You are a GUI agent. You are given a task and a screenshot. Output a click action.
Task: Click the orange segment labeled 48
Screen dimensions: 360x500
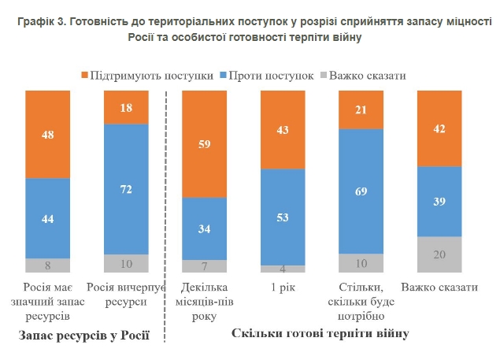pos(47,134)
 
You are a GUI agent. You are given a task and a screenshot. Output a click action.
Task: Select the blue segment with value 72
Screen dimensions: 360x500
pos(125,189)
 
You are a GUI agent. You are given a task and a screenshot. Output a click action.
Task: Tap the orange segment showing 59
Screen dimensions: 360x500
pos(204,144)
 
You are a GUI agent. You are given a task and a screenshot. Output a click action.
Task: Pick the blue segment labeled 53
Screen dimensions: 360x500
pos(283,217)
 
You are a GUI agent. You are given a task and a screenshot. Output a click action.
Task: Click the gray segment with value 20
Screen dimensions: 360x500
pos(439,254)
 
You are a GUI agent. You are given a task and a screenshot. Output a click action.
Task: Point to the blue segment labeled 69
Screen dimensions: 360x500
pos(361,191)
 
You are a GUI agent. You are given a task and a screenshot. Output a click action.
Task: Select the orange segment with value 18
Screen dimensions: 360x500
pos(125,107)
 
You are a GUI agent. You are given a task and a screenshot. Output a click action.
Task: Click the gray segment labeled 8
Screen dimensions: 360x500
pos(47,265)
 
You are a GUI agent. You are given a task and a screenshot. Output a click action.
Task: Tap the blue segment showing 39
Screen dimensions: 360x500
pos(439,202)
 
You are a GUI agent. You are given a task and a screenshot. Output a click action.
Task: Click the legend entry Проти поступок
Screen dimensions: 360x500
pos(267,76)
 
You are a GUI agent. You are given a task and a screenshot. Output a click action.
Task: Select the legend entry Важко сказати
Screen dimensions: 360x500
pos(368,76)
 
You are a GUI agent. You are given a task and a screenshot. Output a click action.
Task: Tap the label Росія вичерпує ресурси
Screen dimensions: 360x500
pos(125,294)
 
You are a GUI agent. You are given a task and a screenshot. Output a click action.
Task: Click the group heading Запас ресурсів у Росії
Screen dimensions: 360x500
pos(83,336)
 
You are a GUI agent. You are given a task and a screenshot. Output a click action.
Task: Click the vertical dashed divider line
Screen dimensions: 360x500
pos(166,221)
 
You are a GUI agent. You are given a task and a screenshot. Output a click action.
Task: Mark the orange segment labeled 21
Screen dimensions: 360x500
pos(361,109)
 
